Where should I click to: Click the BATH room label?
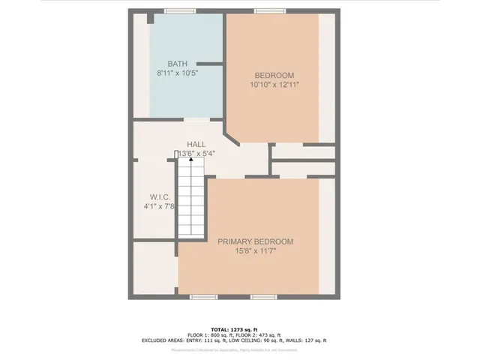178,64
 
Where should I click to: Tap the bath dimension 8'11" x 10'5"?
178,73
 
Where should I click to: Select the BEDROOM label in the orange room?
274,75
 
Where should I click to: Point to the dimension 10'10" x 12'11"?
274,85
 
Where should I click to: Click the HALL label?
196,144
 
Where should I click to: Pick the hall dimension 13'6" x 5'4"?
196,154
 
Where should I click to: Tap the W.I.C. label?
154,196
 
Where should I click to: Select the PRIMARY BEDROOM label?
255,241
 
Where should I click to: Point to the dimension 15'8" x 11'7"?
255,252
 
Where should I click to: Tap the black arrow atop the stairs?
190,160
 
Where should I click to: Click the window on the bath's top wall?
178,11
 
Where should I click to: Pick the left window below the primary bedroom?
204,297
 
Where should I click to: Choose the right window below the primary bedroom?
262,297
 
